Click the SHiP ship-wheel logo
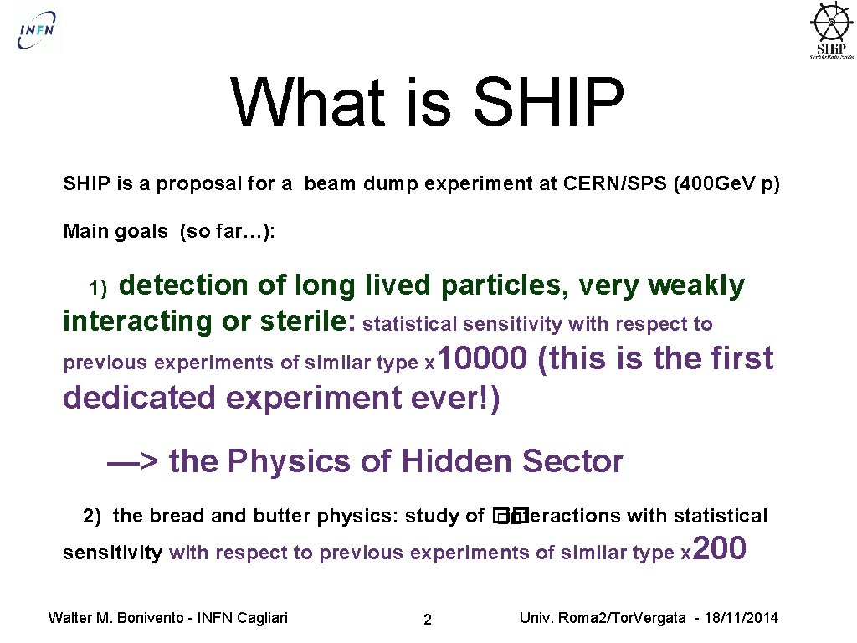coord(830,30)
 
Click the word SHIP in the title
coord(547,102)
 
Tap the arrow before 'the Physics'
coord(133,461)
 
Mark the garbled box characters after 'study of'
coord(509,517)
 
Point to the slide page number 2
coord(428,620)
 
